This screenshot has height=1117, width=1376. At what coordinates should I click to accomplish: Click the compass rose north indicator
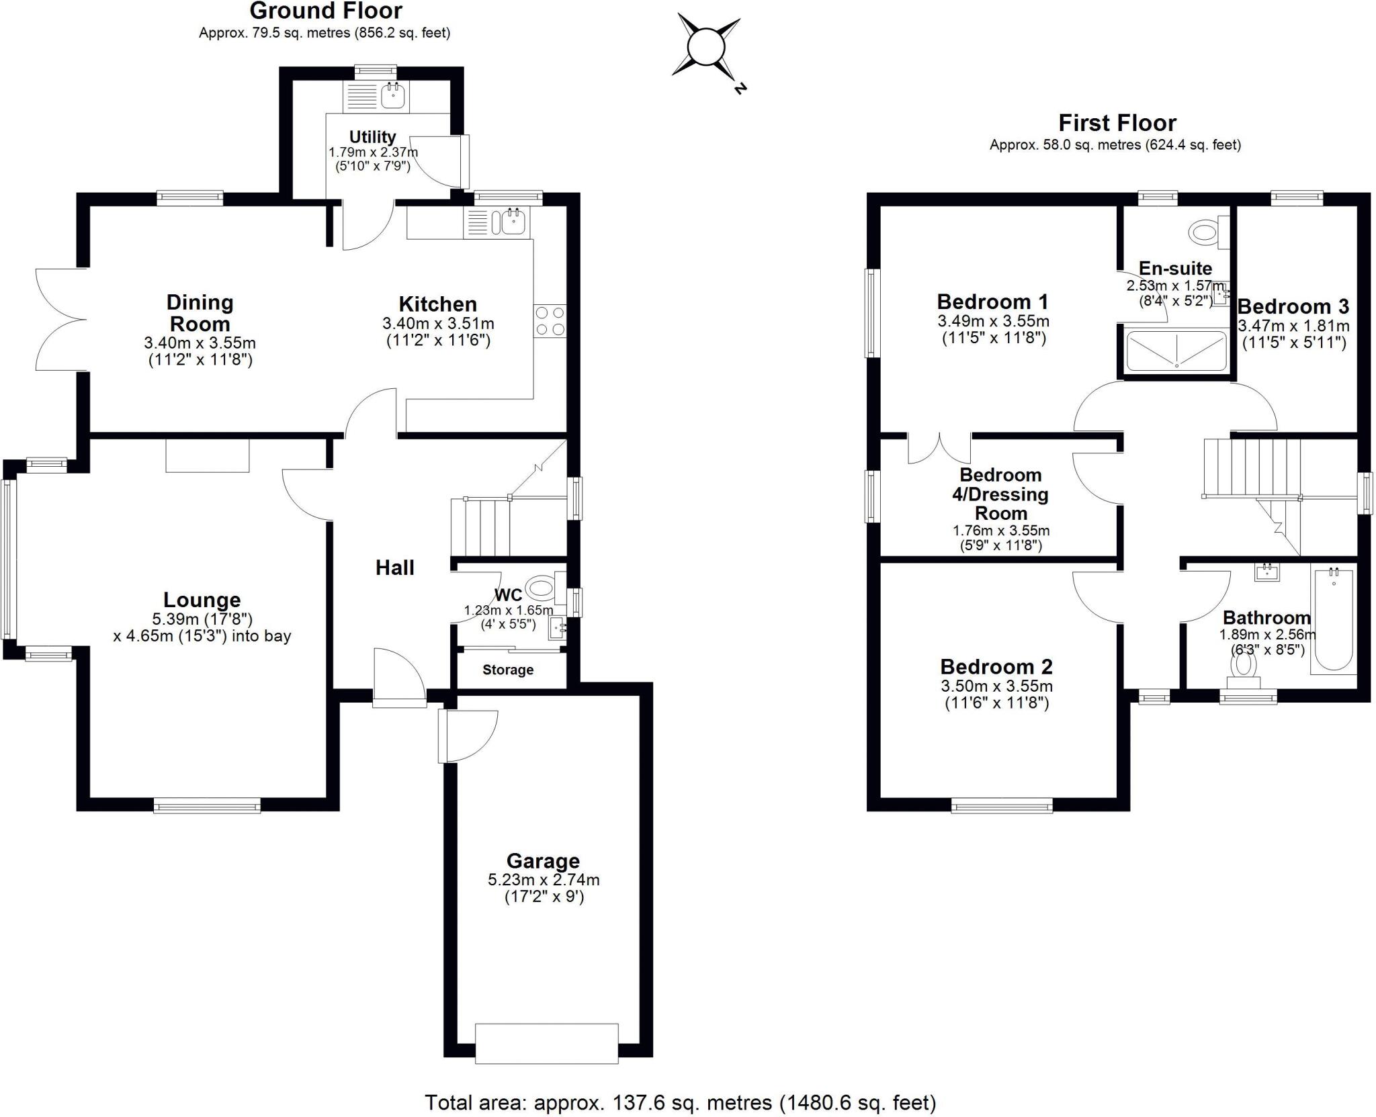(740, 88)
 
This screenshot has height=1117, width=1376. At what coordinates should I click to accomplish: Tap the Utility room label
(372, 137)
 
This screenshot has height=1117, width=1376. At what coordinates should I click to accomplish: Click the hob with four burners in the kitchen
(550, 321)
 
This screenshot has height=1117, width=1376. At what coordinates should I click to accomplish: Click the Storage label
(508, 670)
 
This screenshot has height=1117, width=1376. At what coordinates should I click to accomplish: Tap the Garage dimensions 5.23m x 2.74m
(544, 880)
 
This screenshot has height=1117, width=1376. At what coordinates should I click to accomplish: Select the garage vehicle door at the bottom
(546, 1043)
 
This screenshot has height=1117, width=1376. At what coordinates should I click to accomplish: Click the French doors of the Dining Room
(60, 319)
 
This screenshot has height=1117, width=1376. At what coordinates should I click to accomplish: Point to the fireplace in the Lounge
(208, 455)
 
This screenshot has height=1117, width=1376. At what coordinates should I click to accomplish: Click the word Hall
(394, 568)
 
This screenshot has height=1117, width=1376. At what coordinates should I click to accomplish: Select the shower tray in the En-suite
(1176, 351)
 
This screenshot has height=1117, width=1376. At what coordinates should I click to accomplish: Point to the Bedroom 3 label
(1293, 307)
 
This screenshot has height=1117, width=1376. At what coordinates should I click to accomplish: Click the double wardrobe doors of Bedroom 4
(939, 448)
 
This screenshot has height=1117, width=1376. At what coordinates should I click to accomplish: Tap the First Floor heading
(1117, 123)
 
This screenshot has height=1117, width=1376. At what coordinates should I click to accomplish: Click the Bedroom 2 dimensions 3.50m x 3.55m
(996, 686)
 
